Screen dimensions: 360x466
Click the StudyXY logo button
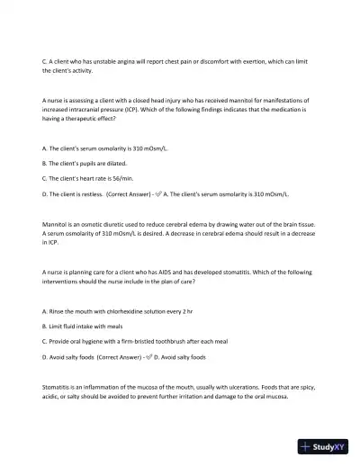[x=325, y=445]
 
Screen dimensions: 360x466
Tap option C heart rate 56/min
[x=89, y=178]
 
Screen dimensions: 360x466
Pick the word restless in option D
[x=91, y=193]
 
